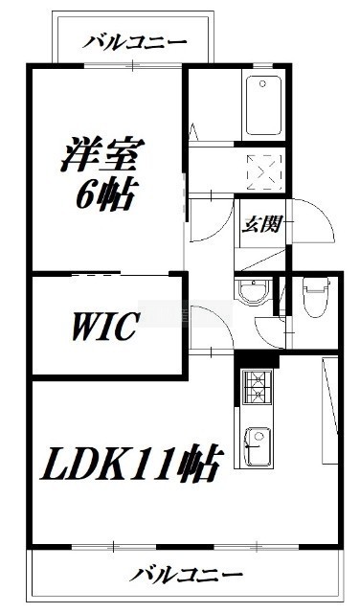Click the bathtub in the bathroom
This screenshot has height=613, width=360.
pos(263,104)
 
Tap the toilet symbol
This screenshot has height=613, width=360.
pos(316,298)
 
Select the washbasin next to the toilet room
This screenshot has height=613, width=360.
pos(253,291)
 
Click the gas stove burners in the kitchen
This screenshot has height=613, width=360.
pos(258,387)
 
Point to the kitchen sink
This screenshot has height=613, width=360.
pos(258,444)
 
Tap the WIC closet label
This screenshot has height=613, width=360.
pos(105,326)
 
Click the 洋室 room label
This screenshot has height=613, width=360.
pos(102,154)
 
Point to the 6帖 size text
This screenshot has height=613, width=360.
pos(105,193)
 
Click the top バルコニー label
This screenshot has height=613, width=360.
pos(134,42)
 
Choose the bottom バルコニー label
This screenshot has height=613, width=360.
pos(186,575)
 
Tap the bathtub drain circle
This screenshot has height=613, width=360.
pos(262,83)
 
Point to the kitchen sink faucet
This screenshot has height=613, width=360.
pos(251,444)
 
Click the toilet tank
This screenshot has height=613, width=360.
pos(316,284)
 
